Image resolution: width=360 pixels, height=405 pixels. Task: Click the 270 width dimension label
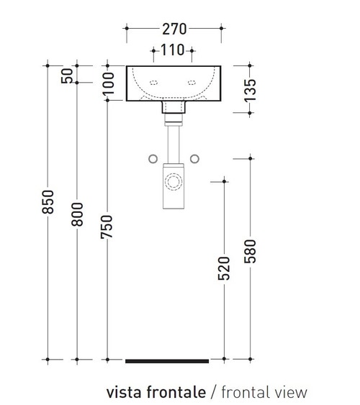[x=175, y=29]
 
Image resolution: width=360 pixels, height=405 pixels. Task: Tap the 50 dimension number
[x=68, y=75]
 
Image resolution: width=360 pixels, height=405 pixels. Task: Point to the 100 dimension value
[x=108, y=83]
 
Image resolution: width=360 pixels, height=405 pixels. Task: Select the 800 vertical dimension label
[x=77, y=213]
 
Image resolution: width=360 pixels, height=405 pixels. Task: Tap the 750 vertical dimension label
[x=108, y=227]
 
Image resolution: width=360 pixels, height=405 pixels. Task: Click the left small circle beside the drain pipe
[x=153, y=158]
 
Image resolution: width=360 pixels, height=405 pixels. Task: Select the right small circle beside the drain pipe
[x=194, y=158]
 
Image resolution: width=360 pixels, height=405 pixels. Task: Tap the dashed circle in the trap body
[x=173, y=181]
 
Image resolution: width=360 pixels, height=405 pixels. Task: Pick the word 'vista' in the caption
[x=122, y=392]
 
